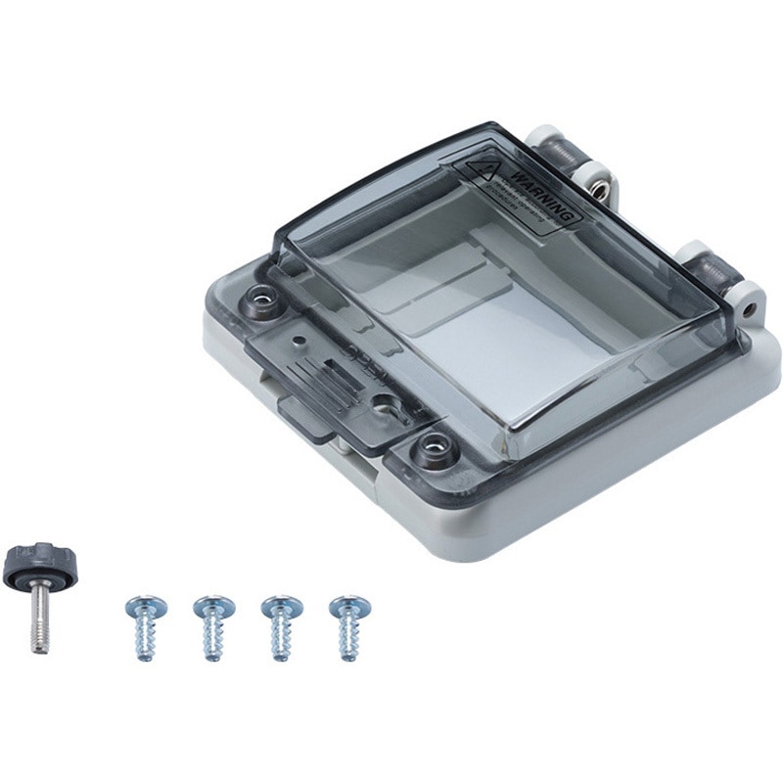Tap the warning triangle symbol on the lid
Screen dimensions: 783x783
point(482,168)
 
